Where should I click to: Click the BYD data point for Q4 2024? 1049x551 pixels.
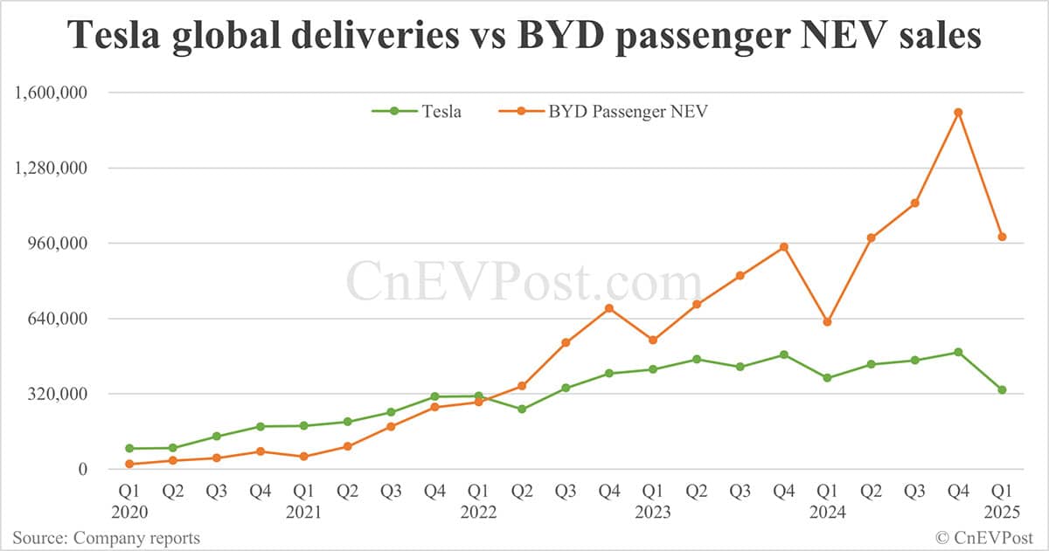pos(958,112)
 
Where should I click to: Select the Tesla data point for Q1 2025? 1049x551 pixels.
pos(1002,389)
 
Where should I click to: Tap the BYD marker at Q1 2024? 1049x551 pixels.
pos(827,322)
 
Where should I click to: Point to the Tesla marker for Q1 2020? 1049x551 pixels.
pos(129,448)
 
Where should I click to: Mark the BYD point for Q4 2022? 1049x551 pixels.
pos(608,307)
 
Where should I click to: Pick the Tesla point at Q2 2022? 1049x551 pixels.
pos(522,409)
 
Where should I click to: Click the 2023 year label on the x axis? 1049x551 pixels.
pos(652,512)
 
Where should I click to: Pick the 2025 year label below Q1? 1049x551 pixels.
pos(1002,512)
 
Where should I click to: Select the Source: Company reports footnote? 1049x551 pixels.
pos(106,538)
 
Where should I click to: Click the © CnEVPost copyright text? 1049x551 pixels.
pos(985,538)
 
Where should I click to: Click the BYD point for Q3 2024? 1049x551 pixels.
pos(914,203)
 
